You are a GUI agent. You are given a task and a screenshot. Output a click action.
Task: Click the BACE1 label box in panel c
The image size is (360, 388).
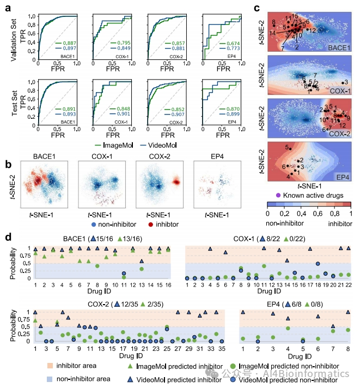(x=339, y=48)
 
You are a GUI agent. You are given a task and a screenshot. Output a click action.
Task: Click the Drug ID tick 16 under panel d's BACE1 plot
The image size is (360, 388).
(x=168, y=285)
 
